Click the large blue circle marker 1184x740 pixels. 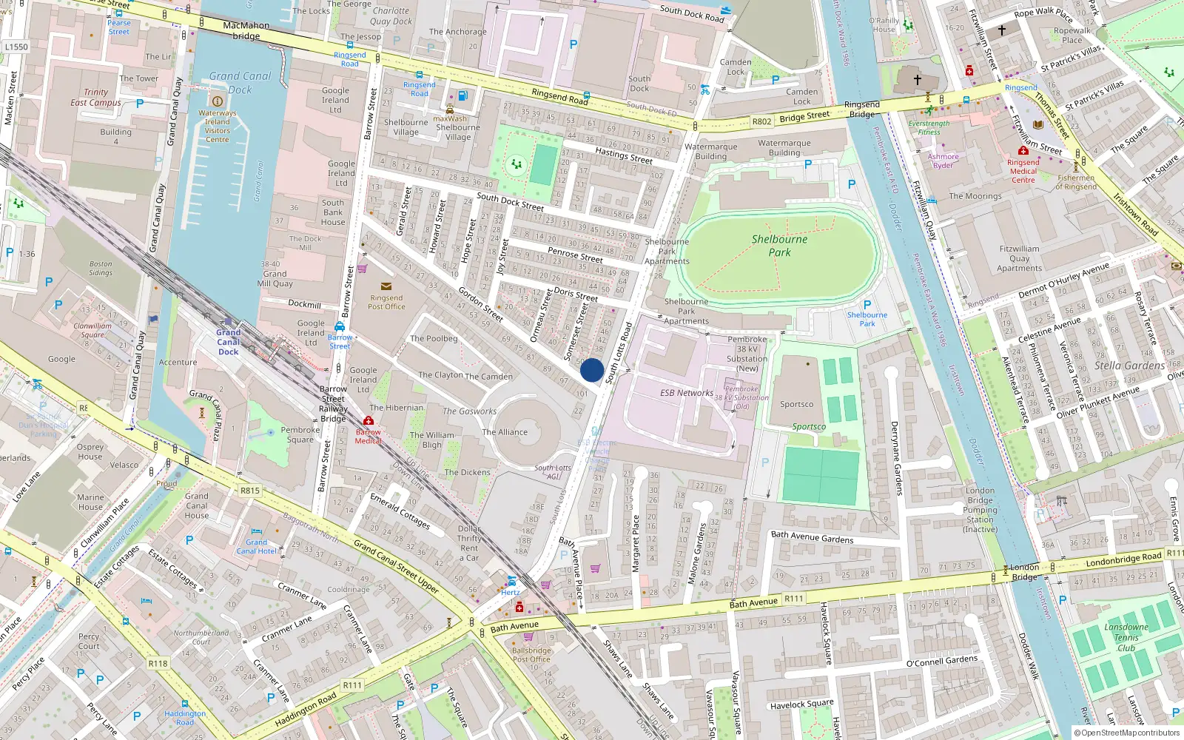[x=592, y=370]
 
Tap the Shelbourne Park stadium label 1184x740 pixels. [x=779, y=246]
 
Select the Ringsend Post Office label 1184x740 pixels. [x=386, y=302]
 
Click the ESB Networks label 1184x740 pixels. [x=687, y=393]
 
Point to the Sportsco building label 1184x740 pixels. [x=796, y=404]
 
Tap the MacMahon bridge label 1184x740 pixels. [x=246, y=30]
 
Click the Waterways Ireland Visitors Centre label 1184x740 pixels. [x=217, y=127]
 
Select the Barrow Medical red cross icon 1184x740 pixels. [x=369, y=421]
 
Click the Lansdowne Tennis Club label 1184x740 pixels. [x=1126, y=637]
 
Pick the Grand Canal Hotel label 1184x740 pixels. [x=257, y=547]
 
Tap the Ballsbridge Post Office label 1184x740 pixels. [x=531, y=655]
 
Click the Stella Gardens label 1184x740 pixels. [x=1129, y=366]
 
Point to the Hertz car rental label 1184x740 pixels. [x=511, y=592]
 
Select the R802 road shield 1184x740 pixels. [x=761, y=121]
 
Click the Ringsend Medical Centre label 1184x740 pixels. [x=1023, y=171]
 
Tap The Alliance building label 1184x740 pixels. [x=505, y=432]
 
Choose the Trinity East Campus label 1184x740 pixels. [x=95, y=98]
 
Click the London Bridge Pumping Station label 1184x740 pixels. [x=980, y=510]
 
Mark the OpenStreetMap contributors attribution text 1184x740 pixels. [x=1126, y=733]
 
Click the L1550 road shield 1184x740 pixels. [x=16, y=47]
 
